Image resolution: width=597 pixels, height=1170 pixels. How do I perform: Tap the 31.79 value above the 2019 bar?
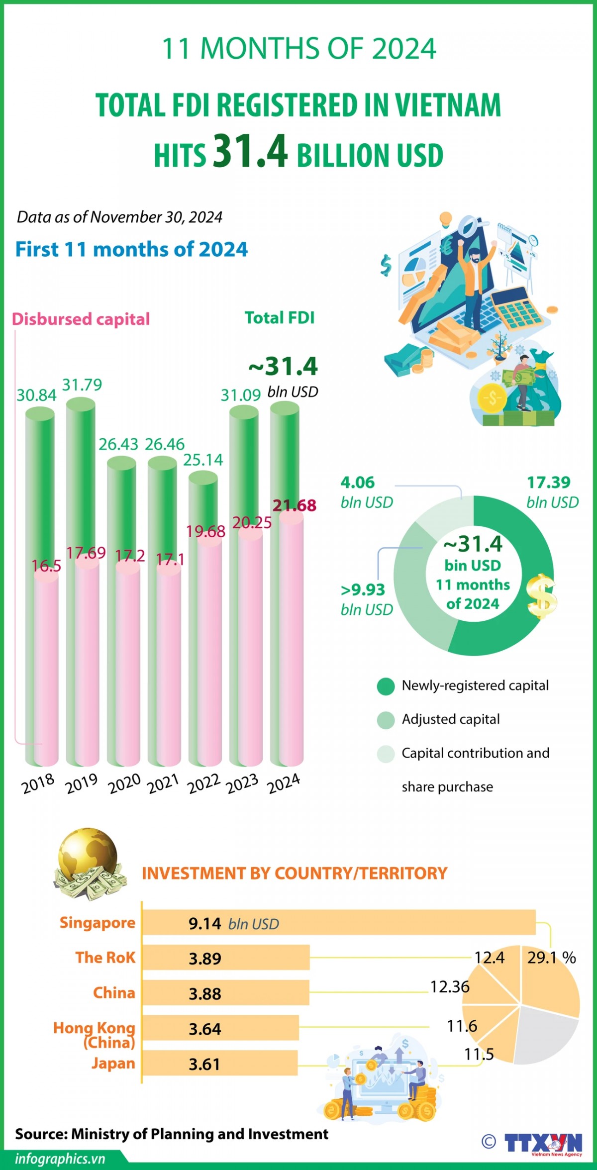pyautogui.click(x=82, y=385)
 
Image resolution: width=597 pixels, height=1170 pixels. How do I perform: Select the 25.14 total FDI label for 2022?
pyautogui.click(x=203, y=460)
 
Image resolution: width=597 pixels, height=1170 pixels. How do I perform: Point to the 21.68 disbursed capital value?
pyautogui.click(x=295, y=505)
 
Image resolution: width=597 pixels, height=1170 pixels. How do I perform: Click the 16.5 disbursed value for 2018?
pyautogui.click(x=46, y=566)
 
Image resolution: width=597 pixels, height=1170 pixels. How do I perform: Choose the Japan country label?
pyautogui.click(x=113, y=1063)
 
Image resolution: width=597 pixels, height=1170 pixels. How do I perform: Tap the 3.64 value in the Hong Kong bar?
pyautogui.click(x=204, y=1029)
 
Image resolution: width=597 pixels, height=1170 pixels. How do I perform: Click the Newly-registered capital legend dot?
pyautogui.click(x=386, y=686)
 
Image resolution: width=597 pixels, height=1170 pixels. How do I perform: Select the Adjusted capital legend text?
pyautogui.click(x=451, y=719)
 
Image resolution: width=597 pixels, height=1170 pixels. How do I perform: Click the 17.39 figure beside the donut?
pyautogui.click(x=549, y=482)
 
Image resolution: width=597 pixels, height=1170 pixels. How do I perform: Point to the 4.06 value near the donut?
pyautogui.click(x=358, y=482)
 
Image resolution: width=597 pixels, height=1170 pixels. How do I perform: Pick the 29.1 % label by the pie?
pyautogui.click(x=551, y=958)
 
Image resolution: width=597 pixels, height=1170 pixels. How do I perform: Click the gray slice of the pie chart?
pyautogui.click(x=542, y=1037)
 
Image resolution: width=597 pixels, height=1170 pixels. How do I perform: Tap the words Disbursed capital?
pyautogui.click(x=81, y=319)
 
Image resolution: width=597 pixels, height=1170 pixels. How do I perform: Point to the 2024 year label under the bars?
pyautogui.click(x=284, y=783)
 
